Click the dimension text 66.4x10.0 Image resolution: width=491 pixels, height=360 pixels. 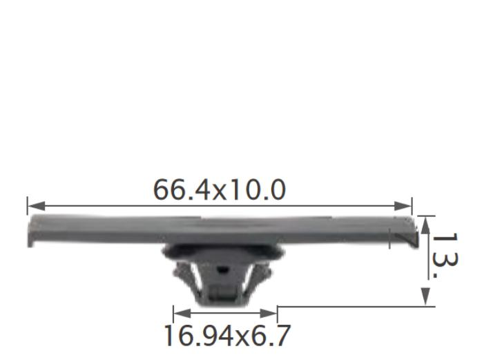(x=219, y=190)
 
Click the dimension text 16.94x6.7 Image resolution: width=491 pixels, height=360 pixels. (x=227, y=336)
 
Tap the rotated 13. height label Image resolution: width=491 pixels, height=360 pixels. (x=445, y=256)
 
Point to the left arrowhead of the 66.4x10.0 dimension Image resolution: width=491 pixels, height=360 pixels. (x=36, y=206)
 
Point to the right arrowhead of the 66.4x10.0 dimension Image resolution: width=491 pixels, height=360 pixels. (x=403, y=206)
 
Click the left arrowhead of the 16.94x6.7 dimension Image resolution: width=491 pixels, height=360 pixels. (x=182, y=313)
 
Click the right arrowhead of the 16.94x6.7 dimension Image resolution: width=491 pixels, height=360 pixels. (x=269, y=313)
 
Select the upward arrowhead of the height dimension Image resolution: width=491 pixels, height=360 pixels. (x=425, y=225)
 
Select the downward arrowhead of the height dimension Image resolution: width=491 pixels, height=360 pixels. (x=425, y=296)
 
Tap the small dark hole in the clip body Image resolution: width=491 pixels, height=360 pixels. (x=222, y=269)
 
